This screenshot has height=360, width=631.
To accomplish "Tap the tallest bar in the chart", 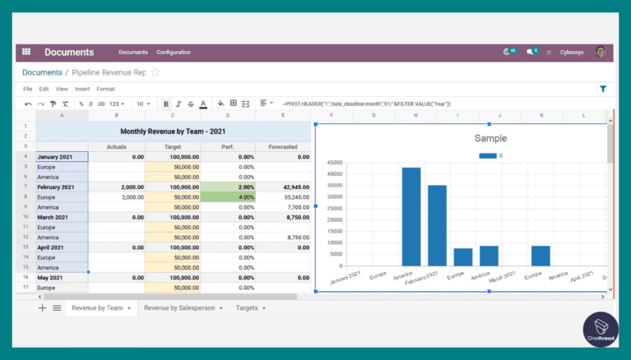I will (411, 216).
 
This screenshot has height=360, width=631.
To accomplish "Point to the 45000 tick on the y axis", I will (334, 163).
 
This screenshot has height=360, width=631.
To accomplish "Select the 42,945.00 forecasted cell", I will (283, 187).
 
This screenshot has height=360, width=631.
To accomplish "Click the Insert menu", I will (82, 89).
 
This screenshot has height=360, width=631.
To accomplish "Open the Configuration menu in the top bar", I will (173, 53).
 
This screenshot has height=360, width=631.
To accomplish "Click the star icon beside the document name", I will (155, 72).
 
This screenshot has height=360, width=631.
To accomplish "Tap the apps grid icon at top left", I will (26, 52).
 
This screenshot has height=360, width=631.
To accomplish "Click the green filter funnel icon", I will (603, 89).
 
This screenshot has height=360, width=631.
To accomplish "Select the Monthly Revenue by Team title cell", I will (173, 131).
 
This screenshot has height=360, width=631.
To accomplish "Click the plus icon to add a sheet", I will (42, 307).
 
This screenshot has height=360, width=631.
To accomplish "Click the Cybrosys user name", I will (571, 53).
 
